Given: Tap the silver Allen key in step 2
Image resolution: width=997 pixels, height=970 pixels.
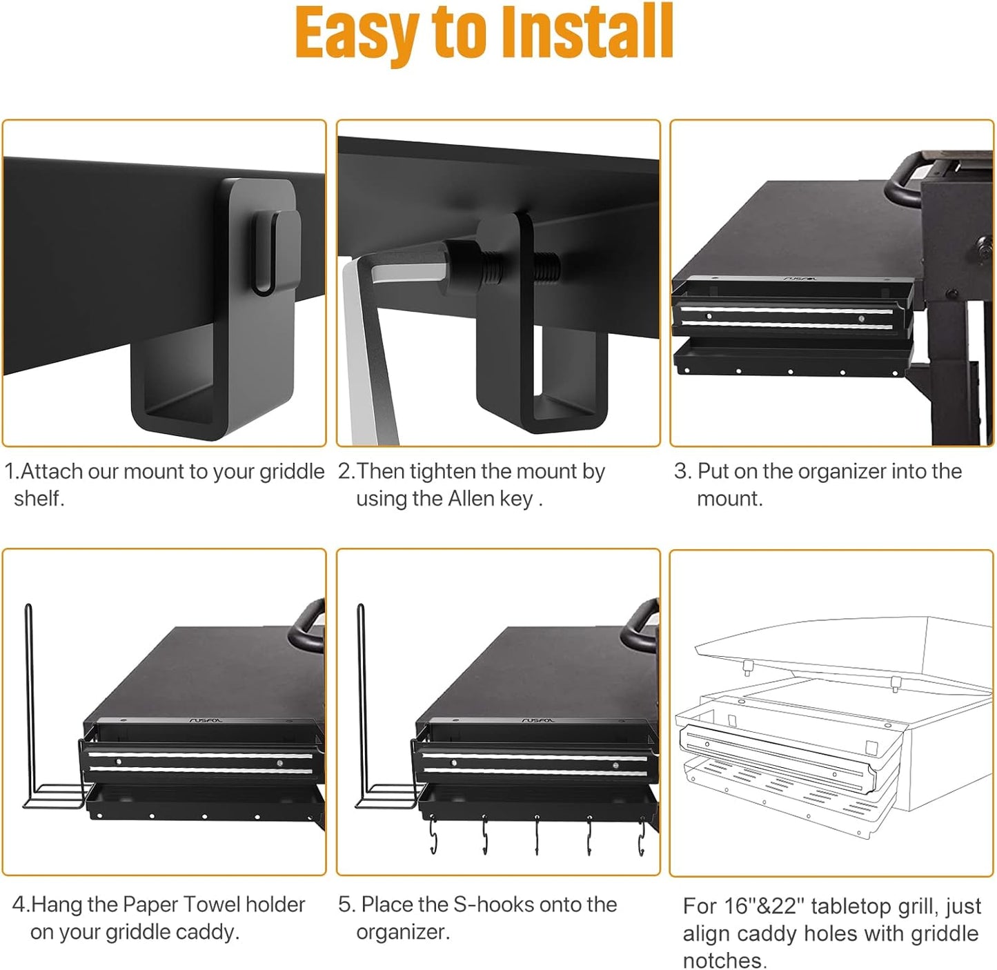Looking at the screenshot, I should [366, 345].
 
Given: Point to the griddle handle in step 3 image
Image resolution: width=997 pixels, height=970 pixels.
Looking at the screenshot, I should [911, 179].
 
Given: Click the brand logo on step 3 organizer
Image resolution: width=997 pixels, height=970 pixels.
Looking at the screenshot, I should [800, 279].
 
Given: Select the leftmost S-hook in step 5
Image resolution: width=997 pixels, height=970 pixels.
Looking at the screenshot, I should [433, 836].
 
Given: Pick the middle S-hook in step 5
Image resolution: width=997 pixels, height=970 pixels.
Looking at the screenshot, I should [537, 836].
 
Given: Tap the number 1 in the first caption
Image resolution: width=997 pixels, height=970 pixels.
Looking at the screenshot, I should [10, 472].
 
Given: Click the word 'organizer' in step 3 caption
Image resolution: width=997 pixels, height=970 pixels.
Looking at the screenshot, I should [840, 472].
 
